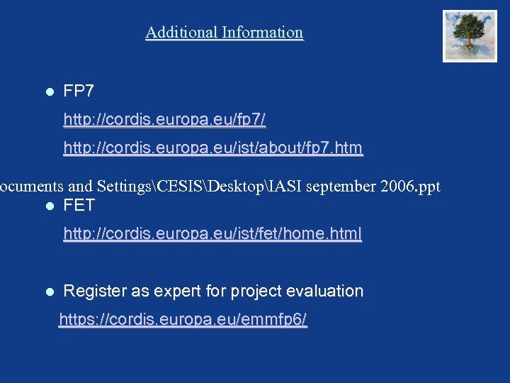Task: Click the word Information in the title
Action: [262, 33]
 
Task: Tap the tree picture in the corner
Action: [470, 35]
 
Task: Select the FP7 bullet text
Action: [79, 91]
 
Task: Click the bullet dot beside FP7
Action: [49, 92]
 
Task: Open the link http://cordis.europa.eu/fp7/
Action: [164, 120]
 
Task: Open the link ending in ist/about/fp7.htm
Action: [212, 148]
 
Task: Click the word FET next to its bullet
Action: [79, 206]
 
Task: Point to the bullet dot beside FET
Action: [49, 206]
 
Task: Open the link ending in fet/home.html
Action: [212, 233]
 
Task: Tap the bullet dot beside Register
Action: [49, 292]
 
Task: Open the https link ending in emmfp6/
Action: [183, 320]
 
